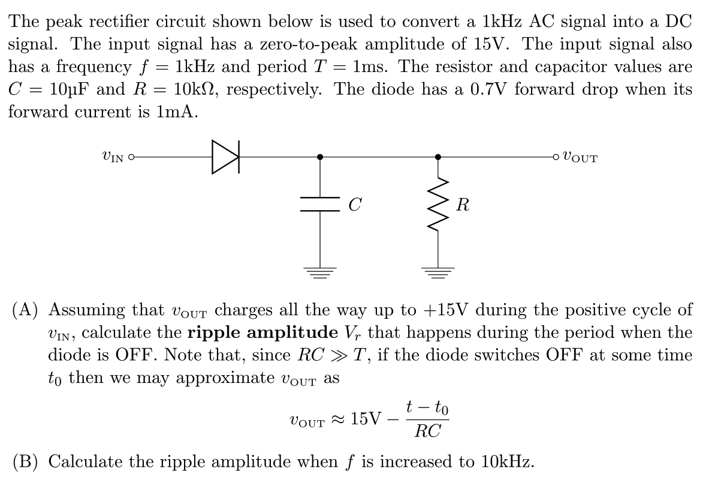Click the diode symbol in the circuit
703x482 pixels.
tap(225, 157)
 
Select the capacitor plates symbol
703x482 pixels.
tap(319, 205)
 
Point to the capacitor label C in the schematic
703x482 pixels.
tap(354, 205)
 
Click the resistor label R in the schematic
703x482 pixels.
tap(462, 205)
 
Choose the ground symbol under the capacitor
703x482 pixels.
tap(319, 274)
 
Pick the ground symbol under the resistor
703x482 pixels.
tap(439, 274)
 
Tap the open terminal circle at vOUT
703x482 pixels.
tap(557, 157)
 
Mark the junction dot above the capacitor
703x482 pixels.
tap(319, 157)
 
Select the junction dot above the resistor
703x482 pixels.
tap(439, 157)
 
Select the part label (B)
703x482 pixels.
tap(27, 462)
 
